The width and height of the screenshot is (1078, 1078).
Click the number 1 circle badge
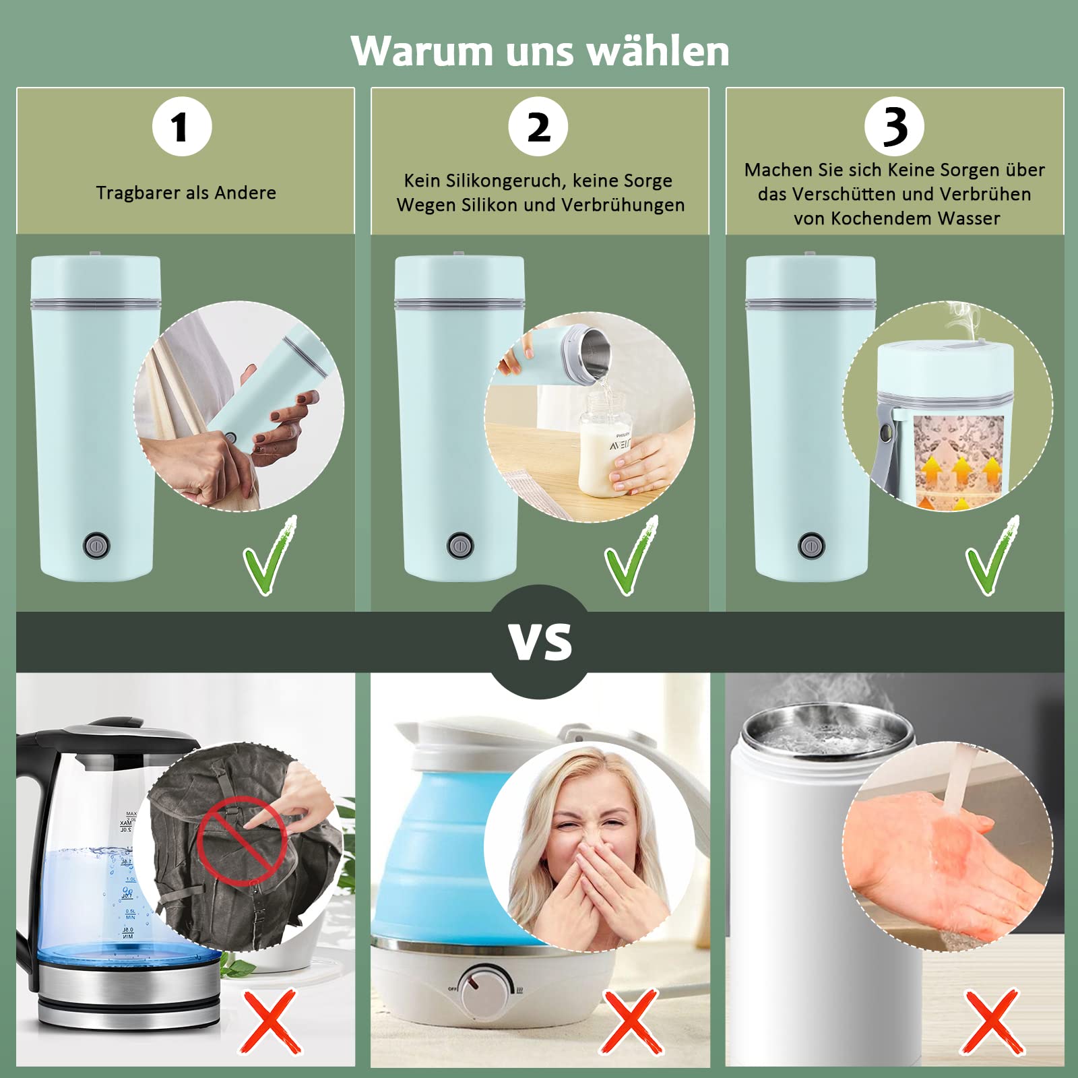coord(182,127)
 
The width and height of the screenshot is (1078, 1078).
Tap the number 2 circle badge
coord(538,127)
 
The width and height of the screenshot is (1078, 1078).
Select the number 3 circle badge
coord(894,127)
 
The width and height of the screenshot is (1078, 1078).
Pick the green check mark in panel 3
coord(992,556)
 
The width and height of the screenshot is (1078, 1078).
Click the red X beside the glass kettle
coord(270,1021)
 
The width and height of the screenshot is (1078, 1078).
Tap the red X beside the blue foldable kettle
coord(631,1021)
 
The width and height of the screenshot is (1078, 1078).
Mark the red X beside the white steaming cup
coord(992,1021)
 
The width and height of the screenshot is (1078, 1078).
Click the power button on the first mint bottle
coord(96,545)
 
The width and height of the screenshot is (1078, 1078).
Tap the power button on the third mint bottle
coord(811,545)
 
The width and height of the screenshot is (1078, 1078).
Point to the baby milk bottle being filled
coord(605,445)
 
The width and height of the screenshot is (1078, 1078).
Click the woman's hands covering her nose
coord(596,896)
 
